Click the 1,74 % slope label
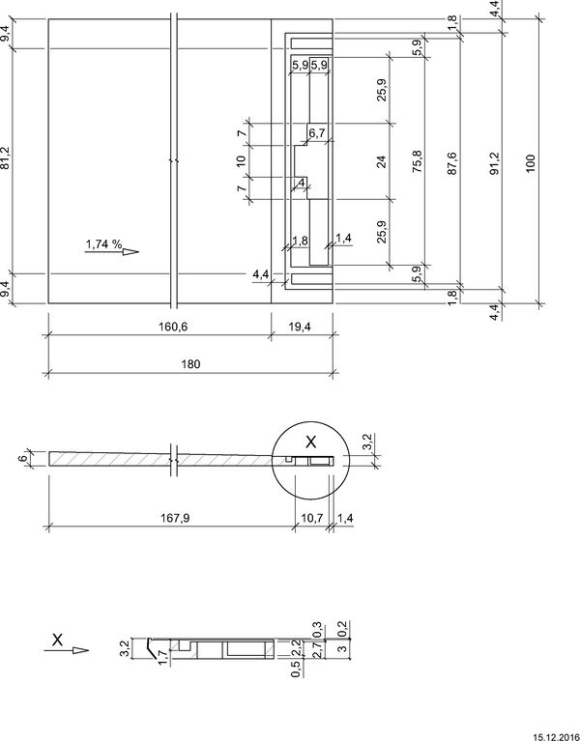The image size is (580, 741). [104, 244]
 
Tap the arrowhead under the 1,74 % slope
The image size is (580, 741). [130, 252]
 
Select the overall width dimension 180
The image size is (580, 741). [190, 364]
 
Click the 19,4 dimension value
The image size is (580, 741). [299, 327]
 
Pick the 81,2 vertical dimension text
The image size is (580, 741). [7, 159]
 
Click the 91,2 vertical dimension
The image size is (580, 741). [494, 163]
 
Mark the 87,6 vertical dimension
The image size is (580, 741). [451, 163]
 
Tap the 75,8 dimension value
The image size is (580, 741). [417, 161]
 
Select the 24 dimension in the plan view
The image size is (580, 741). [382, 161]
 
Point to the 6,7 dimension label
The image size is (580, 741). [317, 133]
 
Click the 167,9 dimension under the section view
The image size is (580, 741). [175, 518]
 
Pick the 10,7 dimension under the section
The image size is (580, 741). [311, 518]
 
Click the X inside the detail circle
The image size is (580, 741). [310, 442]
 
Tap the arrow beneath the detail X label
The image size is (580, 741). [66, 651]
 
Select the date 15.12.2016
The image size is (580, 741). [557, 737]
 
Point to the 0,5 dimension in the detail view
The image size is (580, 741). [296, 669]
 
